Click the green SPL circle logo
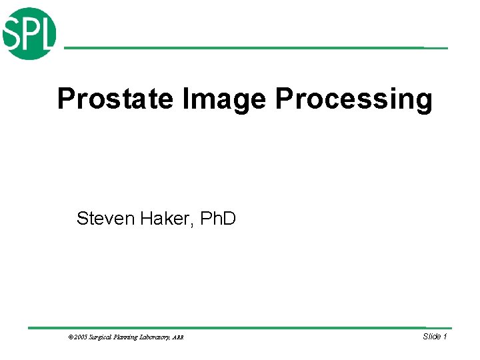click(30, 33)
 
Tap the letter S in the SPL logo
click(13, 33)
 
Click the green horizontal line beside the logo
click(253, 48)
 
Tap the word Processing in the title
click(354, 99)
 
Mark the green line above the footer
click(240, 327)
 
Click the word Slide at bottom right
click(431, 337)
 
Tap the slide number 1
click(445, 337)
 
